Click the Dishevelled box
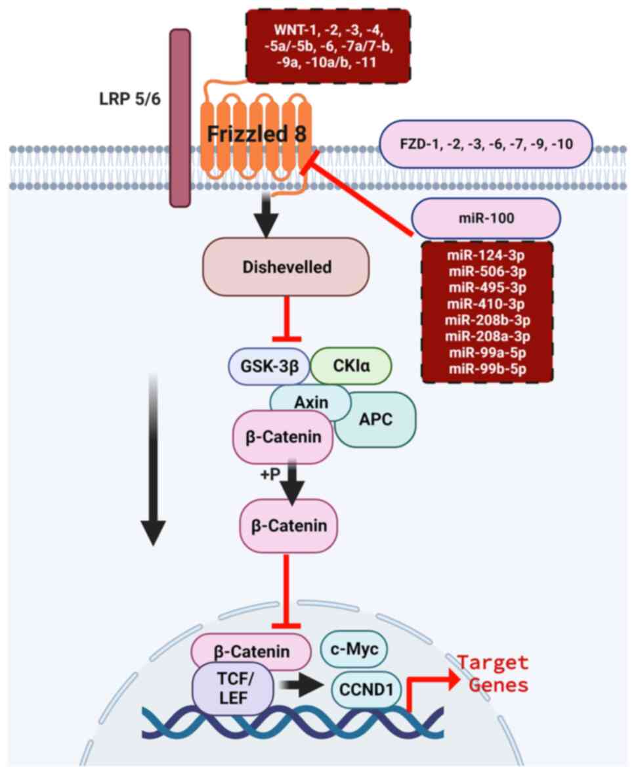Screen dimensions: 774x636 click(286, 267)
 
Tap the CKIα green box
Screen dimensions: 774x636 click(351, 365)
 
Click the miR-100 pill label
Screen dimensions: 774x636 click(486, 217)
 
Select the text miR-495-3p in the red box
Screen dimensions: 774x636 click(486, 288)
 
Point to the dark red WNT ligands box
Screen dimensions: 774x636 click(328, 45)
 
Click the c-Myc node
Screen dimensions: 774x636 click(354, 649)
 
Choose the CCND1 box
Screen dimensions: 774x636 click(366, 689)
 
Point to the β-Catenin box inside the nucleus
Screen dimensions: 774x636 click(249, 652)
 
